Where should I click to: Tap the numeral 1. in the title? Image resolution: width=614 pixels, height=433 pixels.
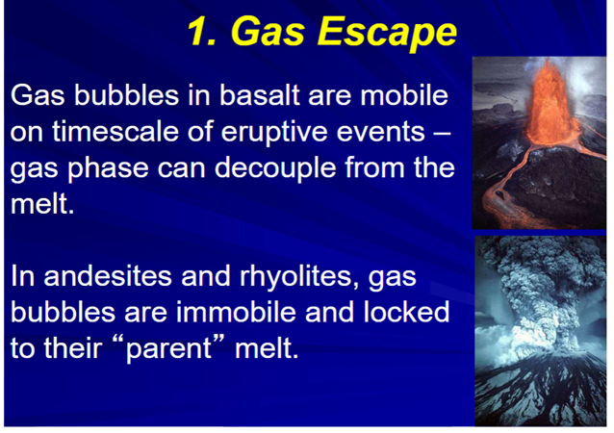coord(201,32)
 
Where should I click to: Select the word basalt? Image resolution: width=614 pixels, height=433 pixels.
coord(259,95)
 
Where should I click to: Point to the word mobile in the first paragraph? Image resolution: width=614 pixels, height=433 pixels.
coord(404,95)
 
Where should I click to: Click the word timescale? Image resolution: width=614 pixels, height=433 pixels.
coord(115,131)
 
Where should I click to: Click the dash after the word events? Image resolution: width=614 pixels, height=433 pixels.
coord(443,134)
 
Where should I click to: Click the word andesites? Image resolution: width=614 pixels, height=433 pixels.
coord(107,276)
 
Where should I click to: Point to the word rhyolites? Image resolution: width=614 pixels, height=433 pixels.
coord(299,277)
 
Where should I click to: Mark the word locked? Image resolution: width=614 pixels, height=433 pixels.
coord(406,312)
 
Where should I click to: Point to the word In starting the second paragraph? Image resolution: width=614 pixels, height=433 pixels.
coord(22,276)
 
